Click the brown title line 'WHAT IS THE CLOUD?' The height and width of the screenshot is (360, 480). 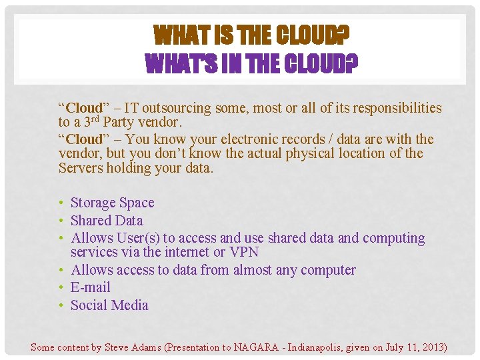point(252,34)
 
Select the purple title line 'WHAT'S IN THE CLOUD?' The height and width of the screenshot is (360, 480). point(252,65)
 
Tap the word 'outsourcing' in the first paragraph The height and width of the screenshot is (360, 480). point(175,108)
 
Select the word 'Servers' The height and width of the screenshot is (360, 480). point(81,167)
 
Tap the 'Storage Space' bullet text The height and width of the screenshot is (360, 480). point(112,203)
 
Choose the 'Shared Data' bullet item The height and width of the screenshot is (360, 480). point(107,221)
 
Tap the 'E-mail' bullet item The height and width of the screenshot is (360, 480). point(91,287)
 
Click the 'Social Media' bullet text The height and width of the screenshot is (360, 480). point(109,305)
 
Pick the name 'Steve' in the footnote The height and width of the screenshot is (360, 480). point(119,347)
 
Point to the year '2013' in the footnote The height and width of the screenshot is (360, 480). point(431,347)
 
